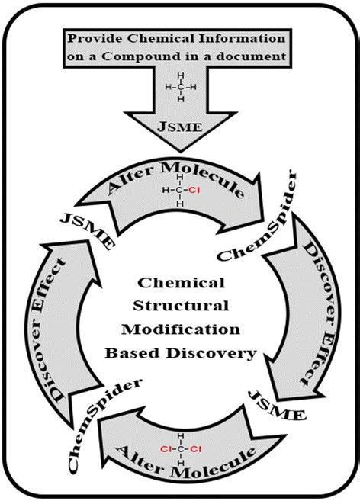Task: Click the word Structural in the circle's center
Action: pyautogui.click(x=181, y=308)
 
